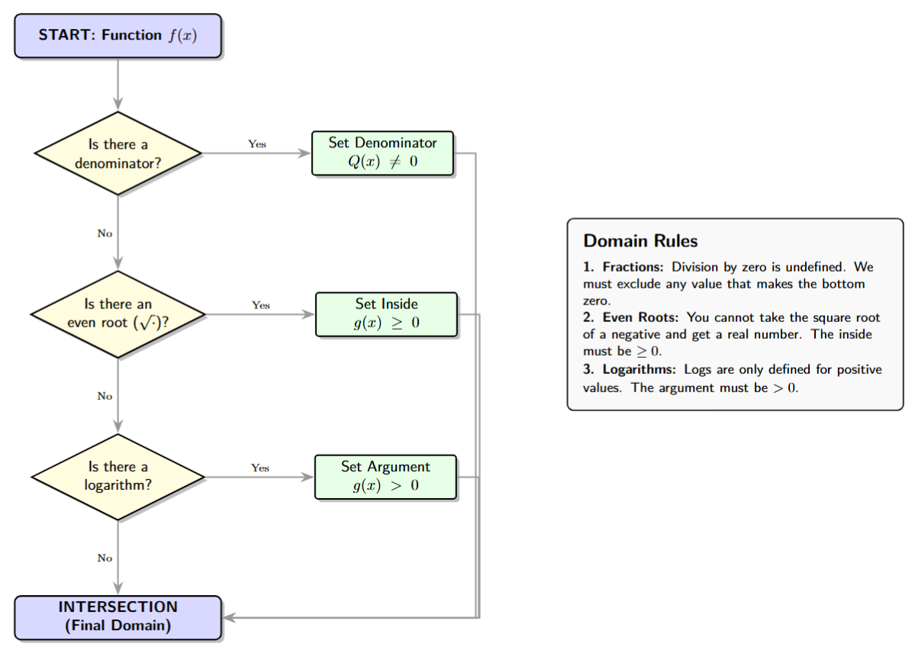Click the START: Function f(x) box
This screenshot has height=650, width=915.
(118, 36)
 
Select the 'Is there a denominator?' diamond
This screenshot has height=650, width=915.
(118, 153)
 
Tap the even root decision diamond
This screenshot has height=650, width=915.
(118, 314)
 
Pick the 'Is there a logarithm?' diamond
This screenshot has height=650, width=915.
(118, 477)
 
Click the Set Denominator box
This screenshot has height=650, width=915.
(382, 153)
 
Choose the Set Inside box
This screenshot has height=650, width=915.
(386, 314)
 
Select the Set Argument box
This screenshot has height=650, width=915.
(385, 477)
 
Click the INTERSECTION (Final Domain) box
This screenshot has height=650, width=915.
(118, 616)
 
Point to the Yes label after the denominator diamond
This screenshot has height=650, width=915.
(257, 143)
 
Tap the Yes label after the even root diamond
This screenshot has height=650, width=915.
(261, 305)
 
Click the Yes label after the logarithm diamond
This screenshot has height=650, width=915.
(260, 468)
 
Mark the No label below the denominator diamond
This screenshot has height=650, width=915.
(105, 233)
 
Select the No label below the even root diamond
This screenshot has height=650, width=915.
(105, 396)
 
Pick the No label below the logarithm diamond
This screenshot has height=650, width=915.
(105, 558)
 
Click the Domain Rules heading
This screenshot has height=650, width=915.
(640, 241)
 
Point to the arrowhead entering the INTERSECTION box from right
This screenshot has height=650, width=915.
(229, 616)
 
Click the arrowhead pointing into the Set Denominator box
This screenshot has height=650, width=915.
(305, 153)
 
